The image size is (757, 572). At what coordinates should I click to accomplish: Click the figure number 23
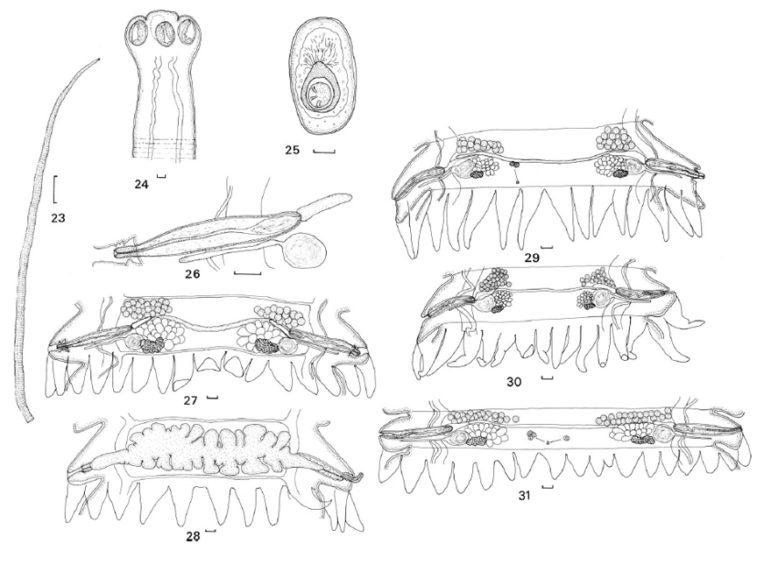coord(58,218)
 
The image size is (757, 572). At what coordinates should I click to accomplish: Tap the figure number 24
coord(141,184)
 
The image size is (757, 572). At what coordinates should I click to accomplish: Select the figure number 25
coord(292,150)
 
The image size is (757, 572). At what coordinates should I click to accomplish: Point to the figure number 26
coord(192,274)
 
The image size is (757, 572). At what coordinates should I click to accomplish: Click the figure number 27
coord(191,400)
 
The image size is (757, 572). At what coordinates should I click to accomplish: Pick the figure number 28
coord(193,537)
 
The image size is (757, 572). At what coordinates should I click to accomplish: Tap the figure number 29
coord(532,258)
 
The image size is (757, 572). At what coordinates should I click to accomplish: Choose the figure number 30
coord(513,382)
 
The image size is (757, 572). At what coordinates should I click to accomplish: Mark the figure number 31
coord(524,495)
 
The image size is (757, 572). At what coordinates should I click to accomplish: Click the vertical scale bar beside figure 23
coord(54,190)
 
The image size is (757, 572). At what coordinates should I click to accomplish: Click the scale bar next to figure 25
coord(324,152)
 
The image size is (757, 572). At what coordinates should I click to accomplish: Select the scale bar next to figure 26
coord(247,273)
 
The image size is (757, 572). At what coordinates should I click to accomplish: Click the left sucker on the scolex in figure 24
coord(138,34)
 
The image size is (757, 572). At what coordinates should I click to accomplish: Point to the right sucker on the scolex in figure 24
coord(187,34)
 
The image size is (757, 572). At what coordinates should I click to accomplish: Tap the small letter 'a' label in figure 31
coord(548,442)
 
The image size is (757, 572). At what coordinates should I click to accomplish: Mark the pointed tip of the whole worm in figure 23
coord(99,60)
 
